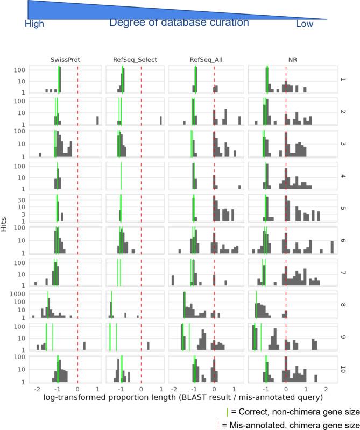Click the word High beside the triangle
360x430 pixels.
(x=34, y=24)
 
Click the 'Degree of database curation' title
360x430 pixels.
(x=180, y=23)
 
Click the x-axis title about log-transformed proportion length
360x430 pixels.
(x=180, y=397)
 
